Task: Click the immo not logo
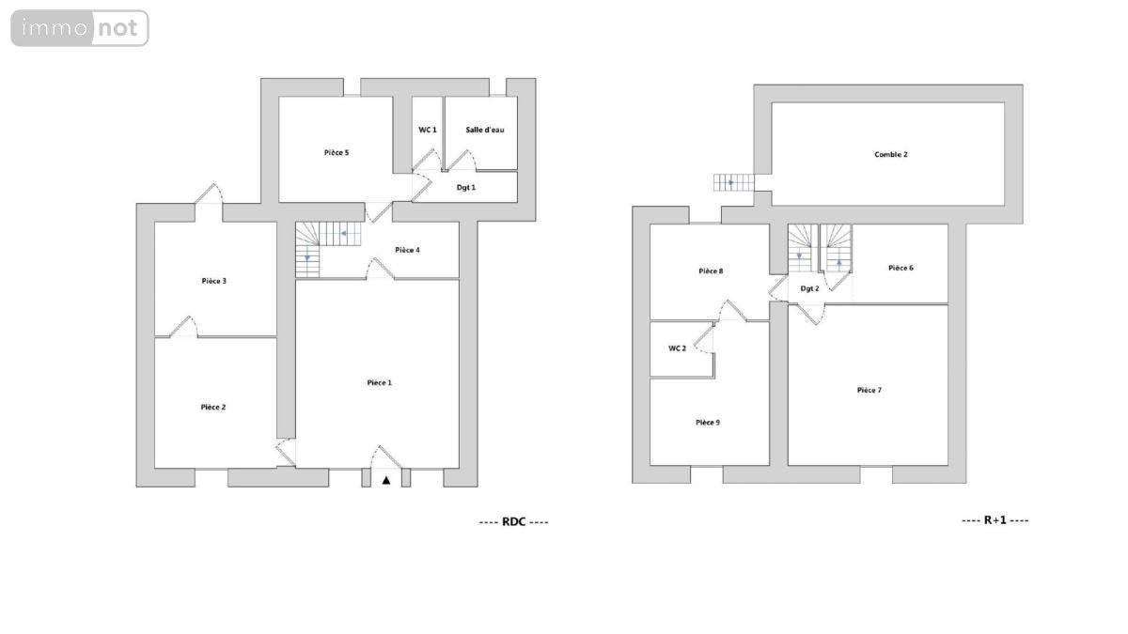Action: coord(80,28)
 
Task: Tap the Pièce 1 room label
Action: coord(379,383)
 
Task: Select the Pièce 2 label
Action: coord(213,407)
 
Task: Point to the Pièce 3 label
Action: coord(214,281)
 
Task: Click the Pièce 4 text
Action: coord(407,250)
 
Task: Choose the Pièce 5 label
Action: coord(337,152)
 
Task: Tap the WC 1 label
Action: coord(428,130)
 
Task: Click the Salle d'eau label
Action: coord(484,130)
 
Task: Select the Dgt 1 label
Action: coord(466,188)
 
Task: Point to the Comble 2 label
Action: coord(891,154)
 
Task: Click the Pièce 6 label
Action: coord(901,269)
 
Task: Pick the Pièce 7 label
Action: coord(869,390)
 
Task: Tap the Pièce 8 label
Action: coord(711,271)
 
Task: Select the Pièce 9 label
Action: coord(708,423)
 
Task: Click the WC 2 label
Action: coord(677,348)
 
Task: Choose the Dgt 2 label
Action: coord(809,289)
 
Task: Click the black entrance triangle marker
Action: coord(386,481)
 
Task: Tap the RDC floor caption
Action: coord(513,522)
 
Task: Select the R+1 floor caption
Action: coord(995,520)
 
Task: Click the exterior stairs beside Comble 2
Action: coord(734,182)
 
